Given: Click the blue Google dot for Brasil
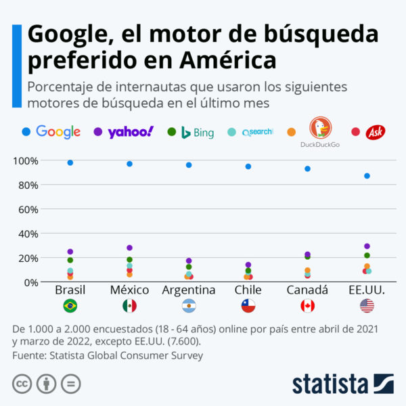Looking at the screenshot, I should (70, 163).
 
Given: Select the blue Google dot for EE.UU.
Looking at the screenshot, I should (367, 176).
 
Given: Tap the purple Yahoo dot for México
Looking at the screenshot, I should (129, 248).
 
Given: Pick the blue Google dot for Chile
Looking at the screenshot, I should (248, 166).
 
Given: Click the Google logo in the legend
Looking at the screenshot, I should (58, 132).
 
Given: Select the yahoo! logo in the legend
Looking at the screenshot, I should (131, 132).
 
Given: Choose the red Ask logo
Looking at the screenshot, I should (376, 133).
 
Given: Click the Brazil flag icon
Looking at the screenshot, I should (70, 306).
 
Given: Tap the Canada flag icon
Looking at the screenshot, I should (307, 306).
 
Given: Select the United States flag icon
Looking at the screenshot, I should (367, 306).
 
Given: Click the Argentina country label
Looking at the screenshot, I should (189, 290).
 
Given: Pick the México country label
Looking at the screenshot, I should (129, 290).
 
